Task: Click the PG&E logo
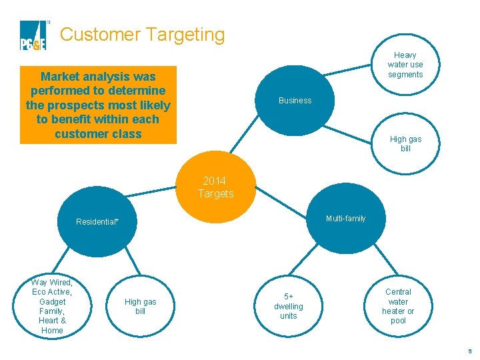click(x=34, y=35)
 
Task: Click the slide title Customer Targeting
click(x=142, y=34)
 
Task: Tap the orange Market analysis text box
click(x=98, y=105)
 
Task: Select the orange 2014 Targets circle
click(x=215, y=187)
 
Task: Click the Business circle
click(x=295, y=100)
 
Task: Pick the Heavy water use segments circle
click(x=405, y=65)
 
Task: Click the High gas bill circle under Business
click(x=405, y=143)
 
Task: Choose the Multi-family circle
click(x=345, y=219)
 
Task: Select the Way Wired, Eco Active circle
click(x=52, y=306)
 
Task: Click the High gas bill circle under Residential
click(x=140, y=306)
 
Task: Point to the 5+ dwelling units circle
click(x=288, y=306)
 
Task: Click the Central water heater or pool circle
click(x=398, y=306)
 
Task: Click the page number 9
click(x=469, y=351)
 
